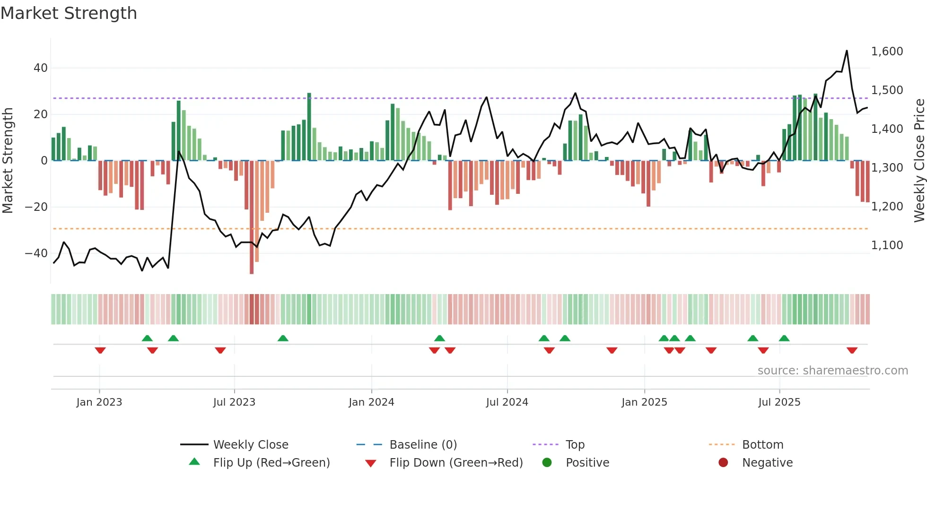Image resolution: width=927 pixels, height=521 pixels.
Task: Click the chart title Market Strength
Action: (x=69, y=13)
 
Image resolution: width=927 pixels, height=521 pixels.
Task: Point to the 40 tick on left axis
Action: (x=41, y=68)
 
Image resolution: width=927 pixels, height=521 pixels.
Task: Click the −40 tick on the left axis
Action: (x=36, y=253)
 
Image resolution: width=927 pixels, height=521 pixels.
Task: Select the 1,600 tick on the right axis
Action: (x=887, y=52)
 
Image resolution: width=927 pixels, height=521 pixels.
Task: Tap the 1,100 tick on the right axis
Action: (x=887, y=245)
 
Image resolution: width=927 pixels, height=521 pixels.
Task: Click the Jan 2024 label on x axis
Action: (x=371, y=402)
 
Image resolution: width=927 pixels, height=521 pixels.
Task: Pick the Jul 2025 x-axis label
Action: (x=779, y=402)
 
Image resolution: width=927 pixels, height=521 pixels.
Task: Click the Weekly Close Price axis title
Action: (x=919, y=161)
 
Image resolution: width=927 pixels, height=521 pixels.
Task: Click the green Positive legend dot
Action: (x=547, y=463)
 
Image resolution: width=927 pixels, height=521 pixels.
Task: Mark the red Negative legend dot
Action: (x=723, y=463)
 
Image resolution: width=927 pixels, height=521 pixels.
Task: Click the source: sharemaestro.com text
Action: (x=832, y=371)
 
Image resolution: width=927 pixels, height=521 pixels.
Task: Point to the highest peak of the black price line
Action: (x=847, y=51)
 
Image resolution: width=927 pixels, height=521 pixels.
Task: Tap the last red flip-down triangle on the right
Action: (x=852, y=350)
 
